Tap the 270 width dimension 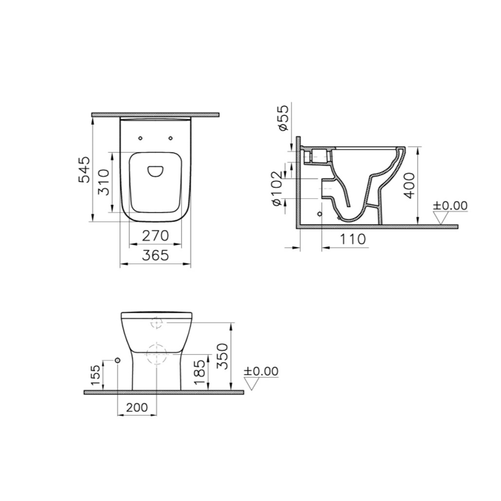156,236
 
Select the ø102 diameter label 276,190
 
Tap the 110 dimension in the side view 353,238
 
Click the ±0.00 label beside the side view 451,205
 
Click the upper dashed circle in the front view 156,323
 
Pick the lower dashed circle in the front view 156,355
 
